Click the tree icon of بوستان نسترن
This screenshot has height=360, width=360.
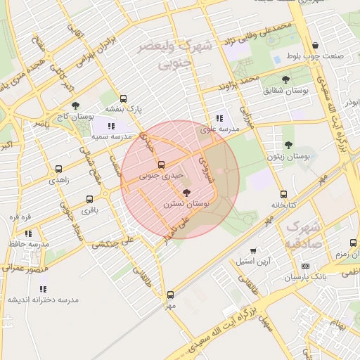(186, 192)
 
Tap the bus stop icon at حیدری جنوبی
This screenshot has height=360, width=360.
(162, 165)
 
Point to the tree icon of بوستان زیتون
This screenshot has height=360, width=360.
(288, 145)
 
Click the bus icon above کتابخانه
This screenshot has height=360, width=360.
(283, 194)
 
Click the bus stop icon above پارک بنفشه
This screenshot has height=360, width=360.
(124, 99)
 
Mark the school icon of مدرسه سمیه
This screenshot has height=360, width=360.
(110, 126)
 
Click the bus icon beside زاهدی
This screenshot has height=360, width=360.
(58, 169)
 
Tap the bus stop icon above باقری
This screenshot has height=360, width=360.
(89, 200)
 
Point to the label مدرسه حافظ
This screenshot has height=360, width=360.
(28, 243)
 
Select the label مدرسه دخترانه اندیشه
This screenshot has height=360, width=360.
(44, 300)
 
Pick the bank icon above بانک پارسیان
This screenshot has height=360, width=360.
(305, 266)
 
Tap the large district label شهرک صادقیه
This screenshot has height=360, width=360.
(304, 236)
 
